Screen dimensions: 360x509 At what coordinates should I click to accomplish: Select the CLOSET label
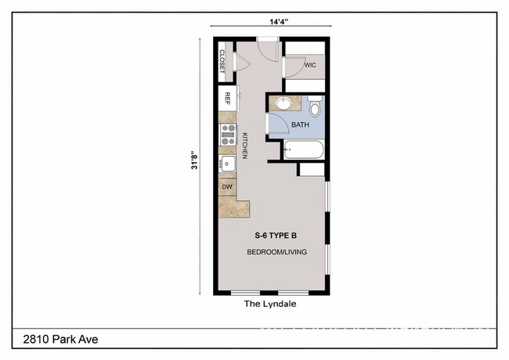point(222,62)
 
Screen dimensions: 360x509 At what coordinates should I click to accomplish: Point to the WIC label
point(309,65)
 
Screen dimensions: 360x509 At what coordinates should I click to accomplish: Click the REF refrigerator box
point(228,98)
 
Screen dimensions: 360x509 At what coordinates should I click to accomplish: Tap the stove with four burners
point(228,135)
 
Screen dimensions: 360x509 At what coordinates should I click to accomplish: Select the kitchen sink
point(227,164)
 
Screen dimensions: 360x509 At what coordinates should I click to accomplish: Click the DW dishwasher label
point(227,187)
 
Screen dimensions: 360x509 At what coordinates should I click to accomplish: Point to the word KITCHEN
point(244,145)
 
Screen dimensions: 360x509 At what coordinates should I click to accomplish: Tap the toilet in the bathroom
point(315,104)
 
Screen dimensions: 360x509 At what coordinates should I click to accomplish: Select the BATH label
point(301,124)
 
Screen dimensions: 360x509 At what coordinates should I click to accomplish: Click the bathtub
point(304,148)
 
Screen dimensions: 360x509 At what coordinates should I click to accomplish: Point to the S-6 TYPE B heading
point(276,236)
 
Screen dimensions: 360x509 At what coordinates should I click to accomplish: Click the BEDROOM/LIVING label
point(276,252)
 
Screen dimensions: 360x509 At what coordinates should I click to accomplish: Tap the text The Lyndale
point(270,304)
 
